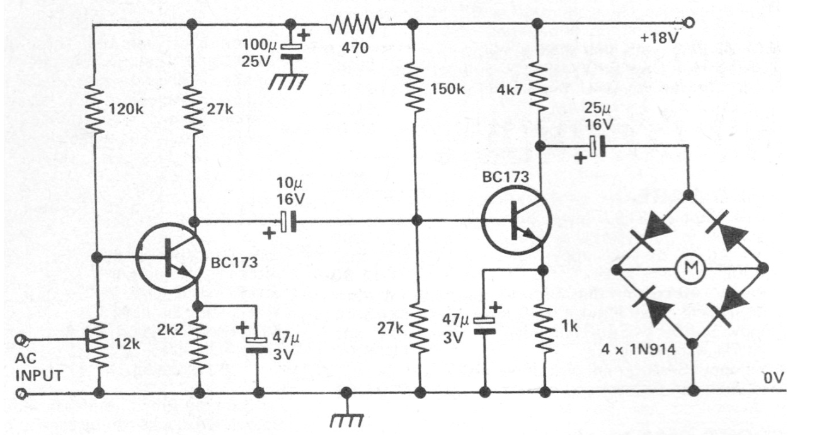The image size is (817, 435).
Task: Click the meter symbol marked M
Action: (x=688, y=269)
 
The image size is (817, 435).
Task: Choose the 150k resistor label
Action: (x=448, y=89)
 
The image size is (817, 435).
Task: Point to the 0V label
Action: (x=773, y=378)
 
